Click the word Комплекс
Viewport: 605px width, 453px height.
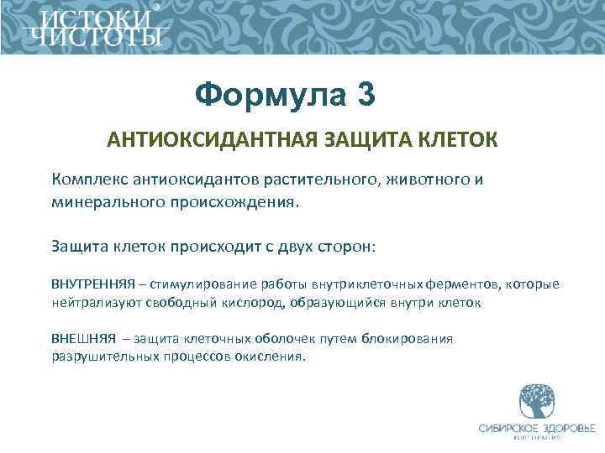(92, 180)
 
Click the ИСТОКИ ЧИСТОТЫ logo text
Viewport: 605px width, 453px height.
(93, 29)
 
